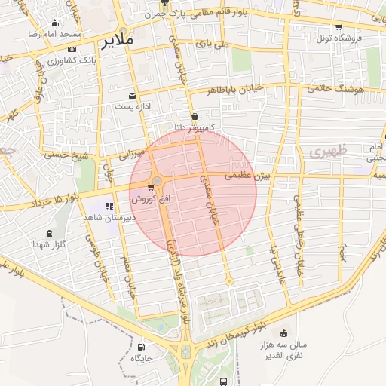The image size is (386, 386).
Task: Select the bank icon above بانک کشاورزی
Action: point(71,49)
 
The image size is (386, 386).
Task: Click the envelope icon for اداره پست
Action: point(133,96)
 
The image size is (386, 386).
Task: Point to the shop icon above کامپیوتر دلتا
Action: point(196,116)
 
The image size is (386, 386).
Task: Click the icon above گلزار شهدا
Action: point(50,234)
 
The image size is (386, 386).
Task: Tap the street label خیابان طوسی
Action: point(93,253)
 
